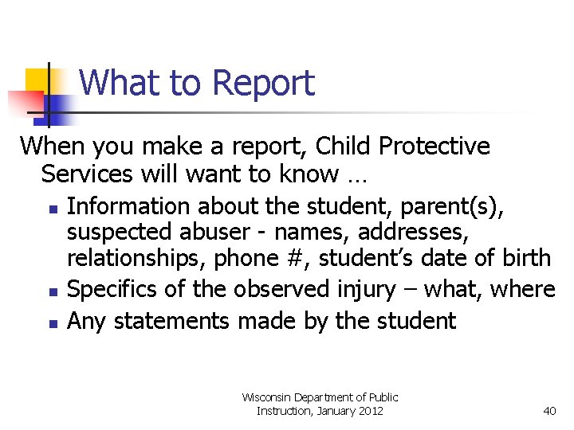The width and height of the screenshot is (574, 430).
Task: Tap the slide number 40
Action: tap(549, 411)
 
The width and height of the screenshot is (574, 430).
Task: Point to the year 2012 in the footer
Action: tap(370, 411)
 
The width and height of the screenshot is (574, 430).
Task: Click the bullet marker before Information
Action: tap(51, 209)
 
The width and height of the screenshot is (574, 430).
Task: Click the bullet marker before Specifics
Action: tap(51, 291)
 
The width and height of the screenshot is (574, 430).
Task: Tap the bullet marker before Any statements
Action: tap(51, 323)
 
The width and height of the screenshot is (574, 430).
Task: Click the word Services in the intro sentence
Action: tap(89, 173)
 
